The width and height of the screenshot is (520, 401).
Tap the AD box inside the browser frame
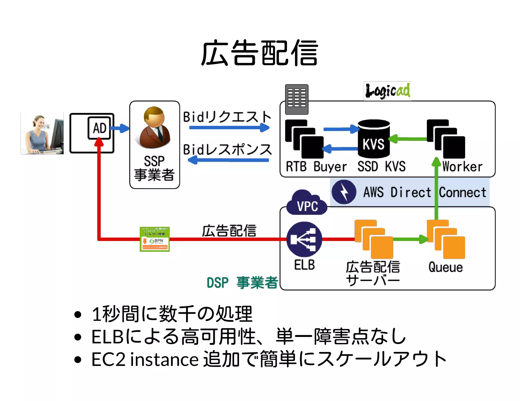[x=99, y=128]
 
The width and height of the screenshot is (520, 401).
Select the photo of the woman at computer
[x=42, y=133]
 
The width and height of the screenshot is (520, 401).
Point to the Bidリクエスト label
[x=227, y=117]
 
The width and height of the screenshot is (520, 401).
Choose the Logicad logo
[x=387, y=91]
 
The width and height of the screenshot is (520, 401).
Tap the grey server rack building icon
[x=297, y=99]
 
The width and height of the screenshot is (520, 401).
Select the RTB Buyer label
[x=316, y=167]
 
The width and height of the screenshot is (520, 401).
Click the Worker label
[x=462, y=167]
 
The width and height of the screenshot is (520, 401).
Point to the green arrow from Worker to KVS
[x=408, y=139]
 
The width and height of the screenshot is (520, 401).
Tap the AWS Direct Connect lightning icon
[x=344, y=192]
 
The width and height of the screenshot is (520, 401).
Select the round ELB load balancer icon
[x=304, y=239]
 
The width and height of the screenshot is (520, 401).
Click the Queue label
[x=446, y=267]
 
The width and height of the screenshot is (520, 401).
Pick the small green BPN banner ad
[x=155, y=239]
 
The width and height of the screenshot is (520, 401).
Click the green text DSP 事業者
[x=242, y=282]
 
